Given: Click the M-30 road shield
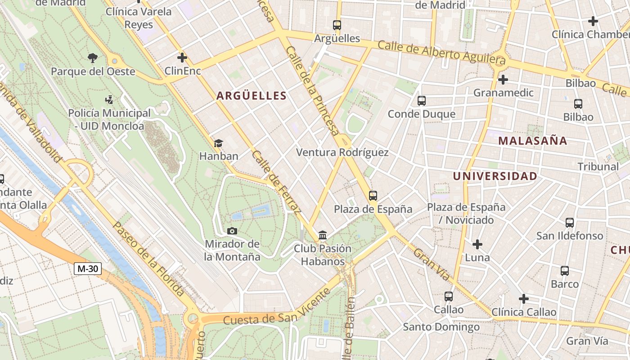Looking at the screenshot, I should point(88,269).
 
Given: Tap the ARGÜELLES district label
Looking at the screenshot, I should point(251,95).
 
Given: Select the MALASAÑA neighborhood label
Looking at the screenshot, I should point(532,141).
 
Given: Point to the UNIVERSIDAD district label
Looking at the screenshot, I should point(495,176).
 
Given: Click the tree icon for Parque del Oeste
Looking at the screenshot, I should point(93,58).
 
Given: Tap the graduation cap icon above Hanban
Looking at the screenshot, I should point(218,143).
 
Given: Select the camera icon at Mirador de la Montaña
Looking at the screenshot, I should point(232,231).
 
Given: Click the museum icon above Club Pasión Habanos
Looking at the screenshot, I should point(322,235).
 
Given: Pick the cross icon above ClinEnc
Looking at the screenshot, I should point(182,58).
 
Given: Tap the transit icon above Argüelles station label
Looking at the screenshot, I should point(337,25).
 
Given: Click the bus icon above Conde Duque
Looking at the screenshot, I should point(422,101).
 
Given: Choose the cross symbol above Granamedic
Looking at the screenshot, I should point(503,80).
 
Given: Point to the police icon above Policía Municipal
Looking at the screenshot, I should point(108,99).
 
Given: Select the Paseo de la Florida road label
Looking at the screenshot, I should point(148,258).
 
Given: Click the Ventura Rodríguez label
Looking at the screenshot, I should point(342,153).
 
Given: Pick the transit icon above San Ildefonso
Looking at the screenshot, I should point(570,222).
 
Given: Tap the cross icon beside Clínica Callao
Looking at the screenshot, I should point(523,299).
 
